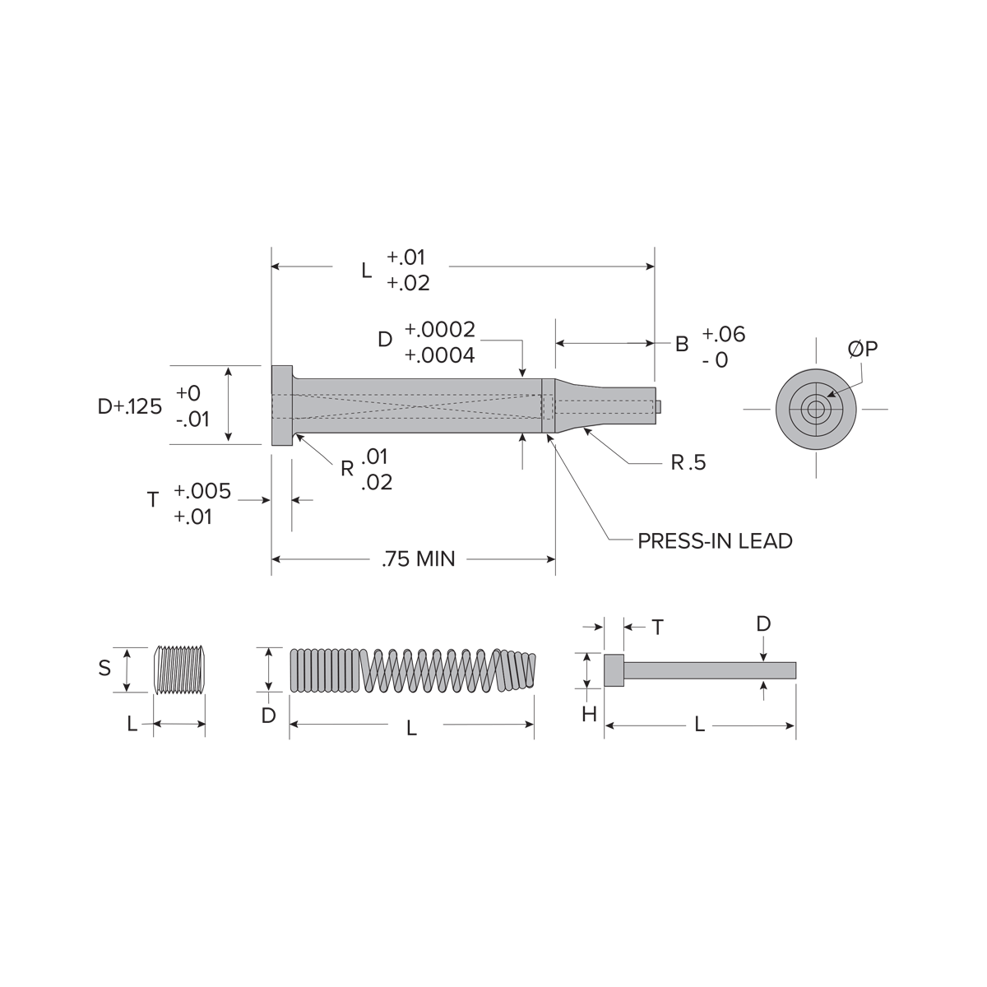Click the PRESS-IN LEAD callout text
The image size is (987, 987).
pyautogui.click(x=715, y=541)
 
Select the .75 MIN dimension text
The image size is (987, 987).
pyautogui.click(x=419, y=558)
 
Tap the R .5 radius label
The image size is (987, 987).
pyautogui.click(x=688, y=462)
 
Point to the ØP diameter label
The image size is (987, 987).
pyautogui.click(x=863, y=349)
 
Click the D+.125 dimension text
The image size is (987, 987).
pyautogui.click(x=130, y=406)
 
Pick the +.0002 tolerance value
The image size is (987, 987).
pyautogui.click(x=440, y=329)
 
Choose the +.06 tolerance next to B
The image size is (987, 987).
pyautogui.click(x=723, y=334)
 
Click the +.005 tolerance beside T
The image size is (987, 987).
pyautogui.click(x=202, y=491)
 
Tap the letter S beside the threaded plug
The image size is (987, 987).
pyautogui.click(x=104, y=668)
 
